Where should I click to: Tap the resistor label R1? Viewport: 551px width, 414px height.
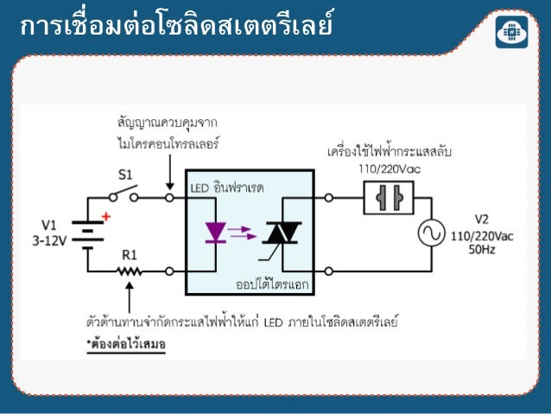129,255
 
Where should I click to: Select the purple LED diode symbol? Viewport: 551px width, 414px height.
215,232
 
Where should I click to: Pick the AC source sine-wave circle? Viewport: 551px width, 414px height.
429,233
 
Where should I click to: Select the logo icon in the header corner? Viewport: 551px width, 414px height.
512,32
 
